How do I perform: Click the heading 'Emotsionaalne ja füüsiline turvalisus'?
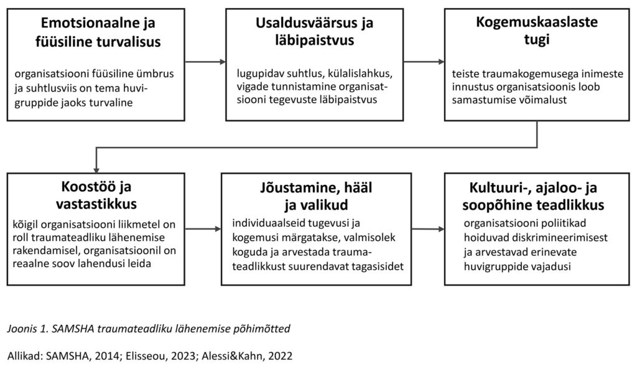(98, 33)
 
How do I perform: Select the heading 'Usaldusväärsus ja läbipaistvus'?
(315, 33)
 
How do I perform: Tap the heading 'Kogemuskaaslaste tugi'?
(536, 32)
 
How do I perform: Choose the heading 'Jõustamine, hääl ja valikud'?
(315, 195)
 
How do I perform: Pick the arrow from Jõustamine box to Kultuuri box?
(428, 229)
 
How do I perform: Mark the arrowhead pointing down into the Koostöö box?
(95, 167)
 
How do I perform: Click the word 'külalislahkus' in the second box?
(345, 73)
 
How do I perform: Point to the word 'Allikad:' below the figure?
(26, 357)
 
